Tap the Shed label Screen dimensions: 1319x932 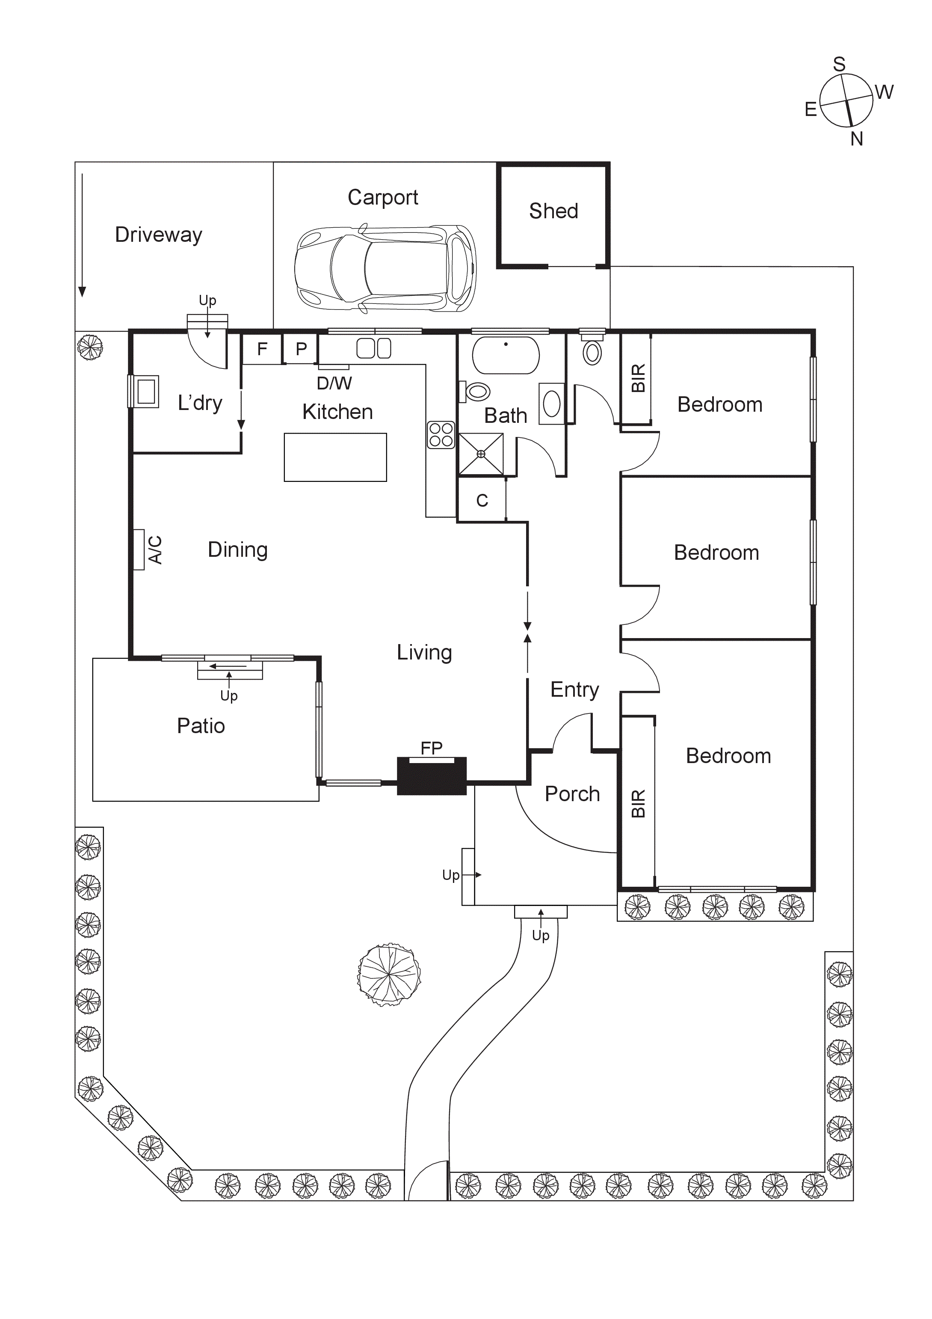point(553,211)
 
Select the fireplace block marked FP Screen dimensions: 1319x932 point(432,777)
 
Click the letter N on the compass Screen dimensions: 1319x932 point(856,139)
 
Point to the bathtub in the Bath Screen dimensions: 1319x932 point(505,356)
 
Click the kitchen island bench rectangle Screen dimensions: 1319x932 point(335,457)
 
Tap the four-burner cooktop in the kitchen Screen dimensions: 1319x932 point(441,435)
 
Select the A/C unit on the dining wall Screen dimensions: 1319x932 point(139,550)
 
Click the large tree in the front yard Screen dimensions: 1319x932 point(389,975)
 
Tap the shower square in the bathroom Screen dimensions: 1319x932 point(481,454)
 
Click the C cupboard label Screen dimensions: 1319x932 point(482,501)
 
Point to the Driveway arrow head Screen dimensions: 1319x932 point(82,292)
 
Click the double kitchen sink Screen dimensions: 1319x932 point(374,348)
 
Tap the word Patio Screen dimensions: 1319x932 point(201,726)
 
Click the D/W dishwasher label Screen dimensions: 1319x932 point(334,383)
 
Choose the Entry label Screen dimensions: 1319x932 point(574,689)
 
